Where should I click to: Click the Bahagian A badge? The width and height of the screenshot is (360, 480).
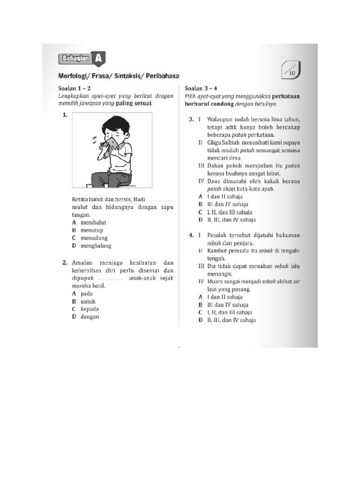pyautogui.click(x=81, y=59)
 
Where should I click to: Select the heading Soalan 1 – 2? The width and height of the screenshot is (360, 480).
pyautogui.click(x=75, y=88)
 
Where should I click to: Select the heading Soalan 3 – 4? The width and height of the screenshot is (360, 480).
pyautogui.click(x=201, y=88)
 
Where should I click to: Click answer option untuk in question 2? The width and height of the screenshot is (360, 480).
pyautogui.click(x=89, y=301)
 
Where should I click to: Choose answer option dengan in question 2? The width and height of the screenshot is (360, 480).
pyautogui.click(x=90, y=316)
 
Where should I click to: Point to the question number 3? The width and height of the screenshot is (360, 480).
pyautogui.click(x=191, y=120)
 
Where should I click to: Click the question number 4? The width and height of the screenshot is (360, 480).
pyautogui.click(x=191, y=235)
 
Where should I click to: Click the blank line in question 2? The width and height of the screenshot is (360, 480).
pyautogui.click(x=112, y=278)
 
